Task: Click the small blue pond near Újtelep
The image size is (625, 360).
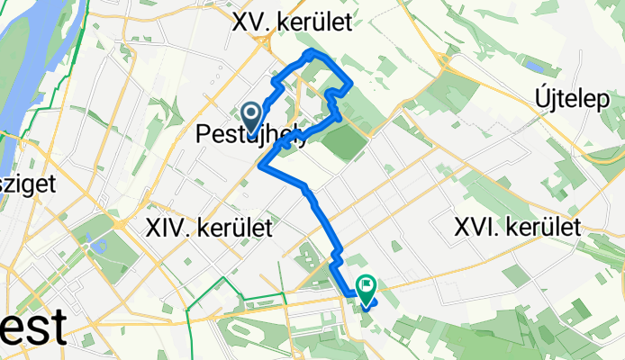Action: click(x=534, y=67)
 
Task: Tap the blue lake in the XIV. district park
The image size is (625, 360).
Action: click(x=97, y=245)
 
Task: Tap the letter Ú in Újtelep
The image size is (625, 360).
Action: click(x=546, y=95)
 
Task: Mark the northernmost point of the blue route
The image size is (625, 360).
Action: click(x=312, y=53)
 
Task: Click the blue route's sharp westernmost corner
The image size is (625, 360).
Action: click(x=260, y=166)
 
